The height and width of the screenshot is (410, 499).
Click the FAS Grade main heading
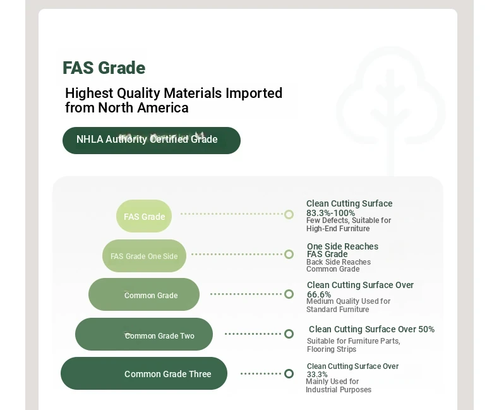pyautogui.click(x=104, y=68)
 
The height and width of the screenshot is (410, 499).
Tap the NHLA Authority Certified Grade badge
pyautogui.click(x=152, y=140)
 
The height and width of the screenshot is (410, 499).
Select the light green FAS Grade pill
pyautogui.click(x=144, y=216)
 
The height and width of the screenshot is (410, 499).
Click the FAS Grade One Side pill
pyautogui.click(x=144, y=256)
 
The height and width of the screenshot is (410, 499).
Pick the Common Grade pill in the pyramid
pyautogui.click(x=144, y=294)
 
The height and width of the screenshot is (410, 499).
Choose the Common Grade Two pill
pyautogui.click(x=144, y=334)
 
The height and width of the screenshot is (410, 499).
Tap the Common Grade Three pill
pyautogui.click(x=144, y=373)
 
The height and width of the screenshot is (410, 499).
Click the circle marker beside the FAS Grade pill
pyautogui.click(x=289, y=215)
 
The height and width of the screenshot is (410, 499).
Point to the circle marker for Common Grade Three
pyautogui.click(x=289, y=373)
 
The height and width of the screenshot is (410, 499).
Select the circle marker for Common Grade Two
pyautogui.click(x=289, y=334)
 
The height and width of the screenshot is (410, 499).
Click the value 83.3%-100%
pyautogui.click(x=330, y=213)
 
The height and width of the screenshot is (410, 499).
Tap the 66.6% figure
pyautogui.click(x=319, y=294)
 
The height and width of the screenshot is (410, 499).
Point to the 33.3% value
pyautogui.click(x=317, y=375)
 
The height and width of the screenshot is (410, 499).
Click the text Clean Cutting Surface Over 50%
pyautogui.click(x=371, y=329)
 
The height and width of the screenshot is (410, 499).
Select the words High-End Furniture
pyautogui.click(x=338, y=229)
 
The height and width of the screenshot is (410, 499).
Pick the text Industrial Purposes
pyautogui.click(x=339, y=390)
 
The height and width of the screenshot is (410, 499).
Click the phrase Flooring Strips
pyautogui.click(x=332, y=349)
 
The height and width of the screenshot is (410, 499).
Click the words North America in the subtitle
pyautogui.click(x=143, y=107)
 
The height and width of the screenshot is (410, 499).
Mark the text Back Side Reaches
pyautogui.click(x=339, y=262)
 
